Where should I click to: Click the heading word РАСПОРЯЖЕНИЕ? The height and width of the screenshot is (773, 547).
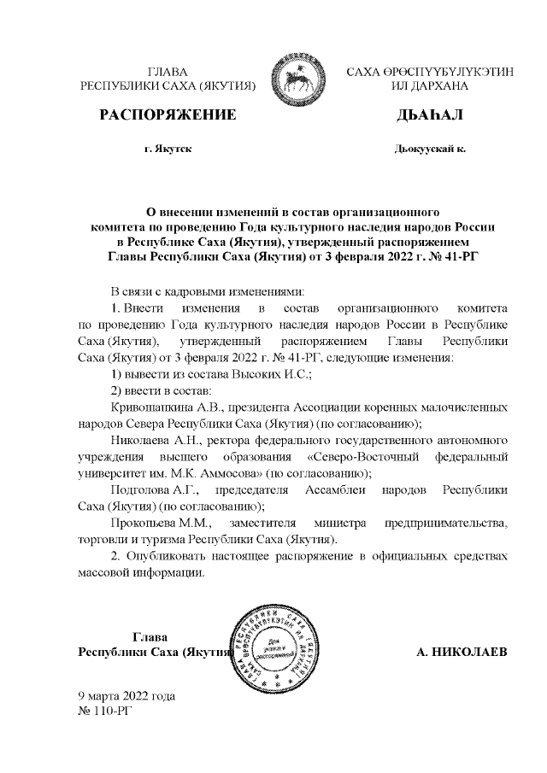168,114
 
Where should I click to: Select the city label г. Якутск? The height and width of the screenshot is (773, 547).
168,149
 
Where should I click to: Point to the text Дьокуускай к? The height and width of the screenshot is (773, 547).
429,149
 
